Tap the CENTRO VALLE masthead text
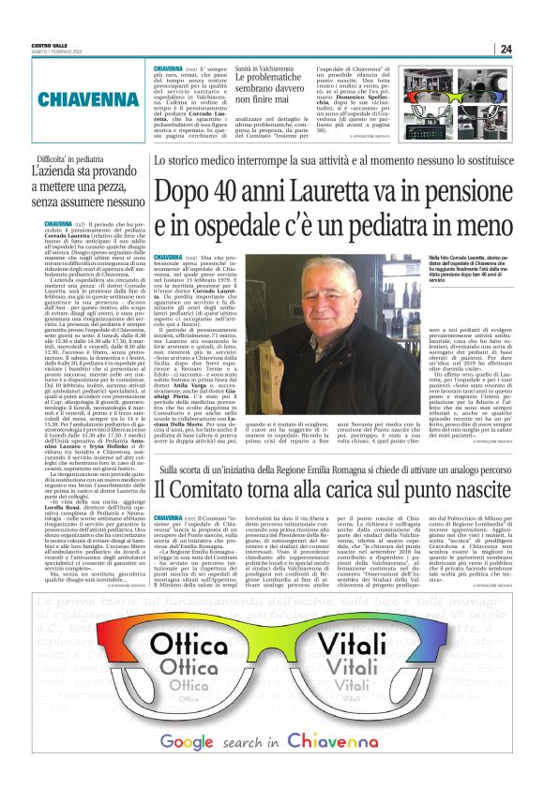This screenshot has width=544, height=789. click(x=49, y=46)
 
